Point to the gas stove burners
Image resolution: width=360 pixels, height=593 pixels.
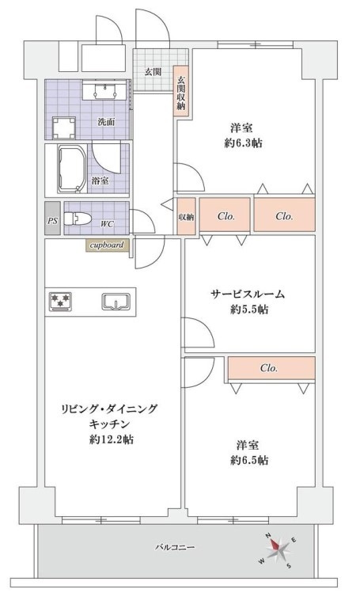(x=61, y=301)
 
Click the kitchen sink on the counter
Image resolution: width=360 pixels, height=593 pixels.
(x=116, y=301)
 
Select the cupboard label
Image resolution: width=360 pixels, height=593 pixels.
(x=107, y=245)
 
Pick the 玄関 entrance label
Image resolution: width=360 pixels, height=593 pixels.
(x=153, y=71)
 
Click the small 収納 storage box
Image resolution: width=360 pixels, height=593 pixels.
(x=185, y=216)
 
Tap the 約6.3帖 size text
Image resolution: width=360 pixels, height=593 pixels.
(x=243, y=143)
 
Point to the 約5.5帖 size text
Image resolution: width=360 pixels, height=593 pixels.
(x=249, y=310)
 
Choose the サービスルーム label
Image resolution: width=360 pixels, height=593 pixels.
(x=248, y=294)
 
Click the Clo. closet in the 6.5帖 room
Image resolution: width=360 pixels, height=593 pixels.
(x=270, y=368)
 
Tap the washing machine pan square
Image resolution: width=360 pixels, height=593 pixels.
(x=63, y=127)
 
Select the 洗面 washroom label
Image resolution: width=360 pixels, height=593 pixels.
(x=104, y=122)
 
